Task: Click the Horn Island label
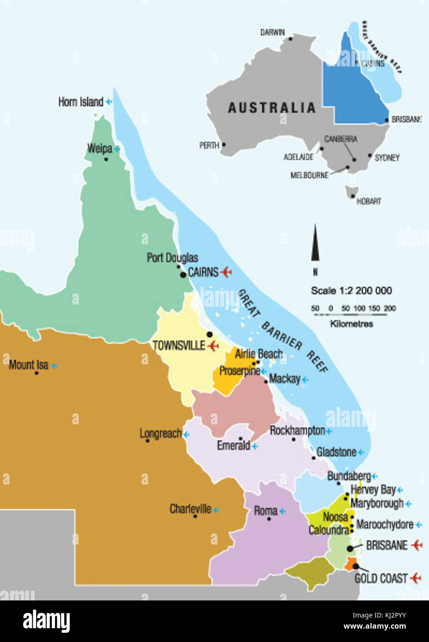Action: click(80, 102)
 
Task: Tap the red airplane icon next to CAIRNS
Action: click(226, 272)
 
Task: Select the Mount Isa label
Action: click(28, 365)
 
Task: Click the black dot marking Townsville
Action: click(210, 334)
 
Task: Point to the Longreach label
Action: click(160, 434)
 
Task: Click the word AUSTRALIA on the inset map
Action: click(272, 108)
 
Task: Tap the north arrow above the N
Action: click(315, 243)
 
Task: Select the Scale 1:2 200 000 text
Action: click(351, 291)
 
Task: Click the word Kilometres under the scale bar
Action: click(351, 324)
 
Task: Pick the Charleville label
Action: click(190, 509)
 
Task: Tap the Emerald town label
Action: click(233, 446)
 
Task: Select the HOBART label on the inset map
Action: click(369, 201)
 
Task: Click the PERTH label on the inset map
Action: click(209, 145)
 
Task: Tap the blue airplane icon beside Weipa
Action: click(117, 149)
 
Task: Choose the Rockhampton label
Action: click(297, 430)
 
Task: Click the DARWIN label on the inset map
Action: click(272, 32)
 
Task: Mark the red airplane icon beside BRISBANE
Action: click(417, 545)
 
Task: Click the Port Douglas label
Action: click(172, 258)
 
